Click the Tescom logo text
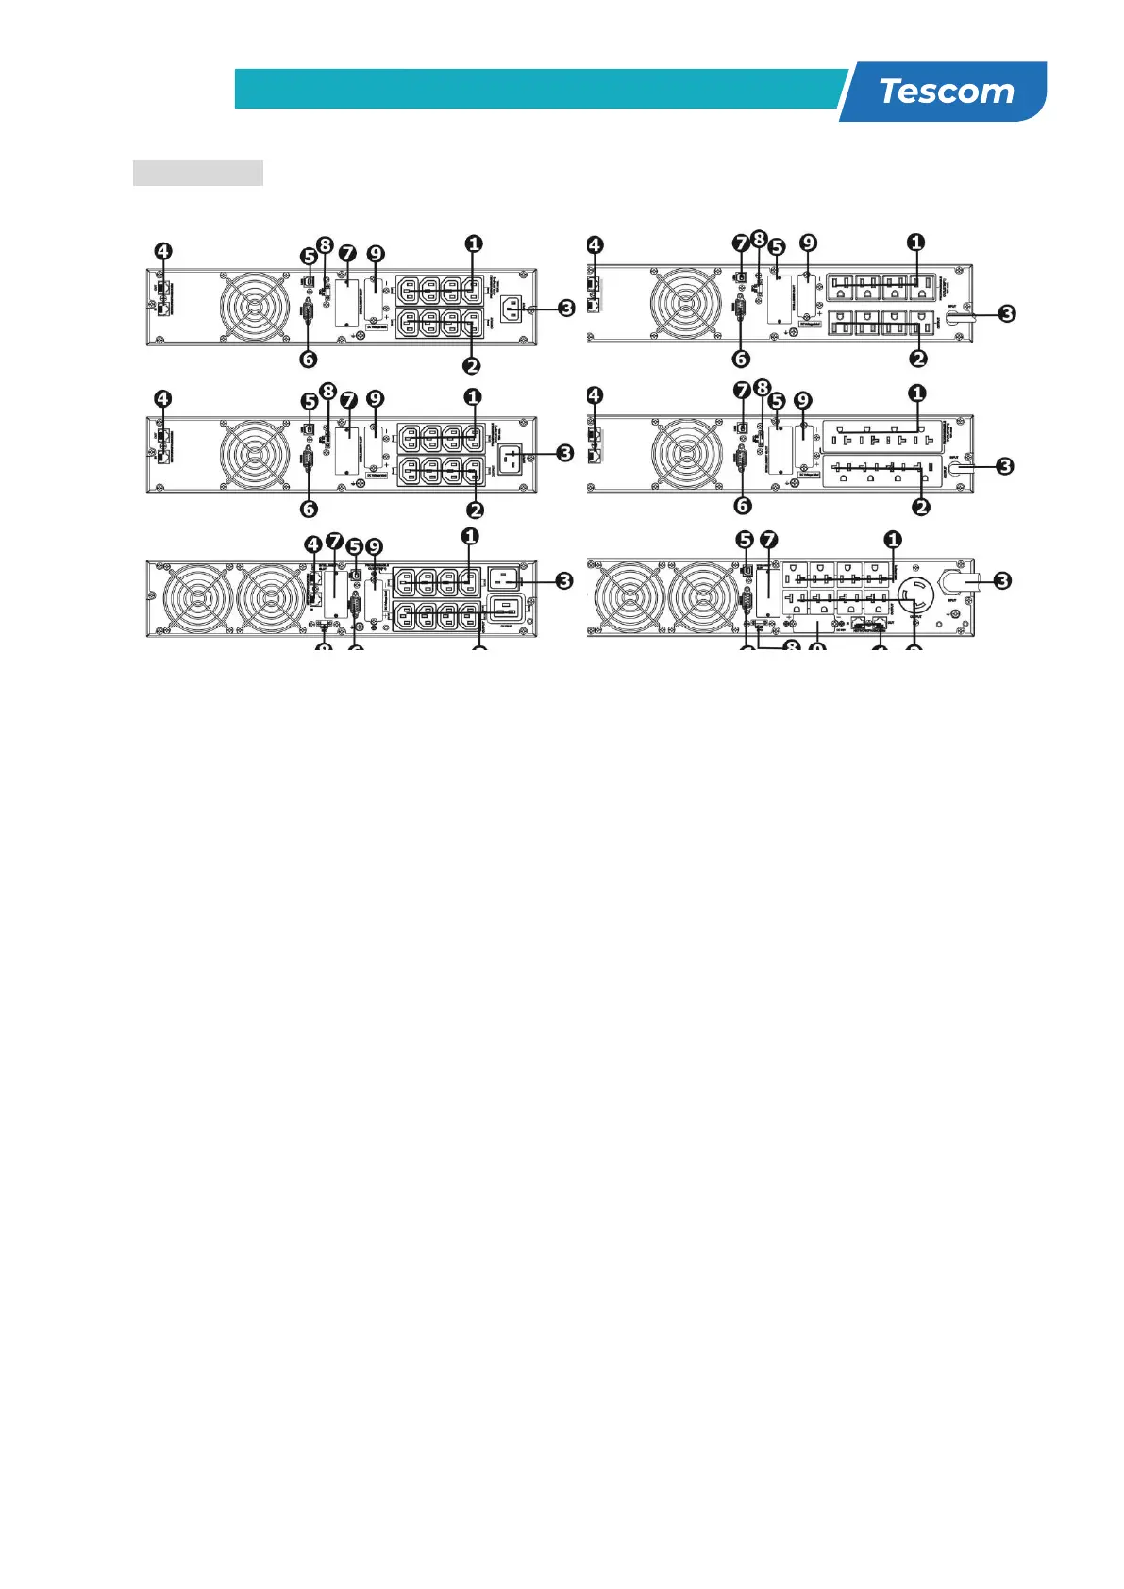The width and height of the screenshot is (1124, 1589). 946,92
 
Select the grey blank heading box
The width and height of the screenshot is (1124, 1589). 197,173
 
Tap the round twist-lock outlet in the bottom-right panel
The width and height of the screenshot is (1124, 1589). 914,594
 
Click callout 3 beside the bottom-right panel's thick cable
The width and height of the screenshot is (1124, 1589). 1003,580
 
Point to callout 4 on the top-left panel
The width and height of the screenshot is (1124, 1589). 163,252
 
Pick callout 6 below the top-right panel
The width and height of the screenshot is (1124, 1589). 741,359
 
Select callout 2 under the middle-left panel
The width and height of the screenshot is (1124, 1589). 475,510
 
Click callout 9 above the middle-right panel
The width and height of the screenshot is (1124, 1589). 803,401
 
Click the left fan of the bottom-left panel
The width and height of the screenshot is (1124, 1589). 197,598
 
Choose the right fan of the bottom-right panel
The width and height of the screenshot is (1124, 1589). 703,598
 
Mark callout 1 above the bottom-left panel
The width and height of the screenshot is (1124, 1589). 469,536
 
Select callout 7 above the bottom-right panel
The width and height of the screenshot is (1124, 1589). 769,540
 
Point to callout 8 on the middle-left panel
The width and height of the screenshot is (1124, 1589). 327,391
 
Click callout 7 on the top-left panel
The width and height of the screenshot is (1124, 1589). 348,254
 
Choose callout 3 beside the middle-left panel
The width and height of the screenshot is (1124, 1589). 564,453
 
